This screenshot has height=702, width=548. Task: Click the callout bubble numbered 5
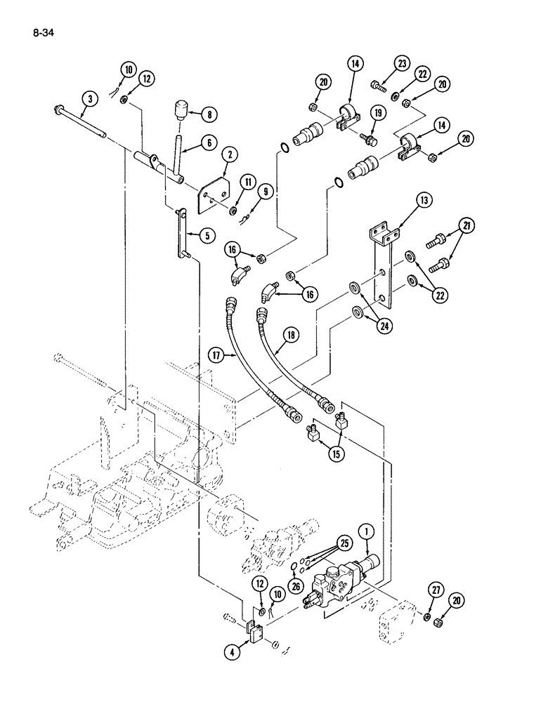[x=206, y=236]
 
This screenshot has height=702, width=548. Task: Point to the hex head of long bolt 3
[x=56, y=110]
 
